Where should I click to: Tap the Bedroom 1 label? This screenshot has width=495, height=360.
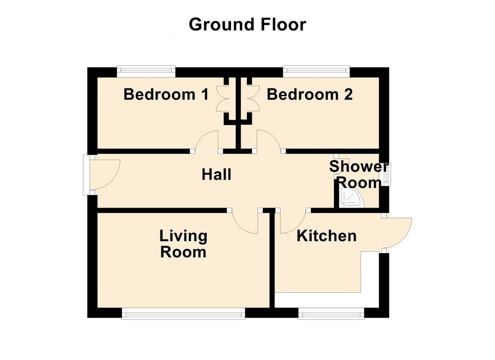coord(166,94)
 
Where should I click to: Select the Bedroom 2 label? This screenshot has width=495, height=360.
coord(310,94)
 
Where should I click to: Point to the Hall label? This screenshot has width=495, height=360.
coord(216,174)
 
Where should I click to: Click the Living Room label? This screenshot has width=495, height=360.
coord(183,244)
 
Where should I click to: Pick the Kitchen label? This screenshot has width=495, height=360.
coord(326,236)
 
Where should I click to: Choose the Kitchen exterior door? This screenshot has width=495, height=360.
coord(397,233)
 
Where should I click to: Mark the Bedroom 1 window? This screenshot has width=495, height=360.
coord(146,72)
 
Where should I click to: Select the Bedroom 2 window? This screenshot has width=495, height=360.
coord(316,72)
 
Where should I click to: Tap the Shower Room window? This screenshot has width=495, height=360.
coord(386,174)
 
